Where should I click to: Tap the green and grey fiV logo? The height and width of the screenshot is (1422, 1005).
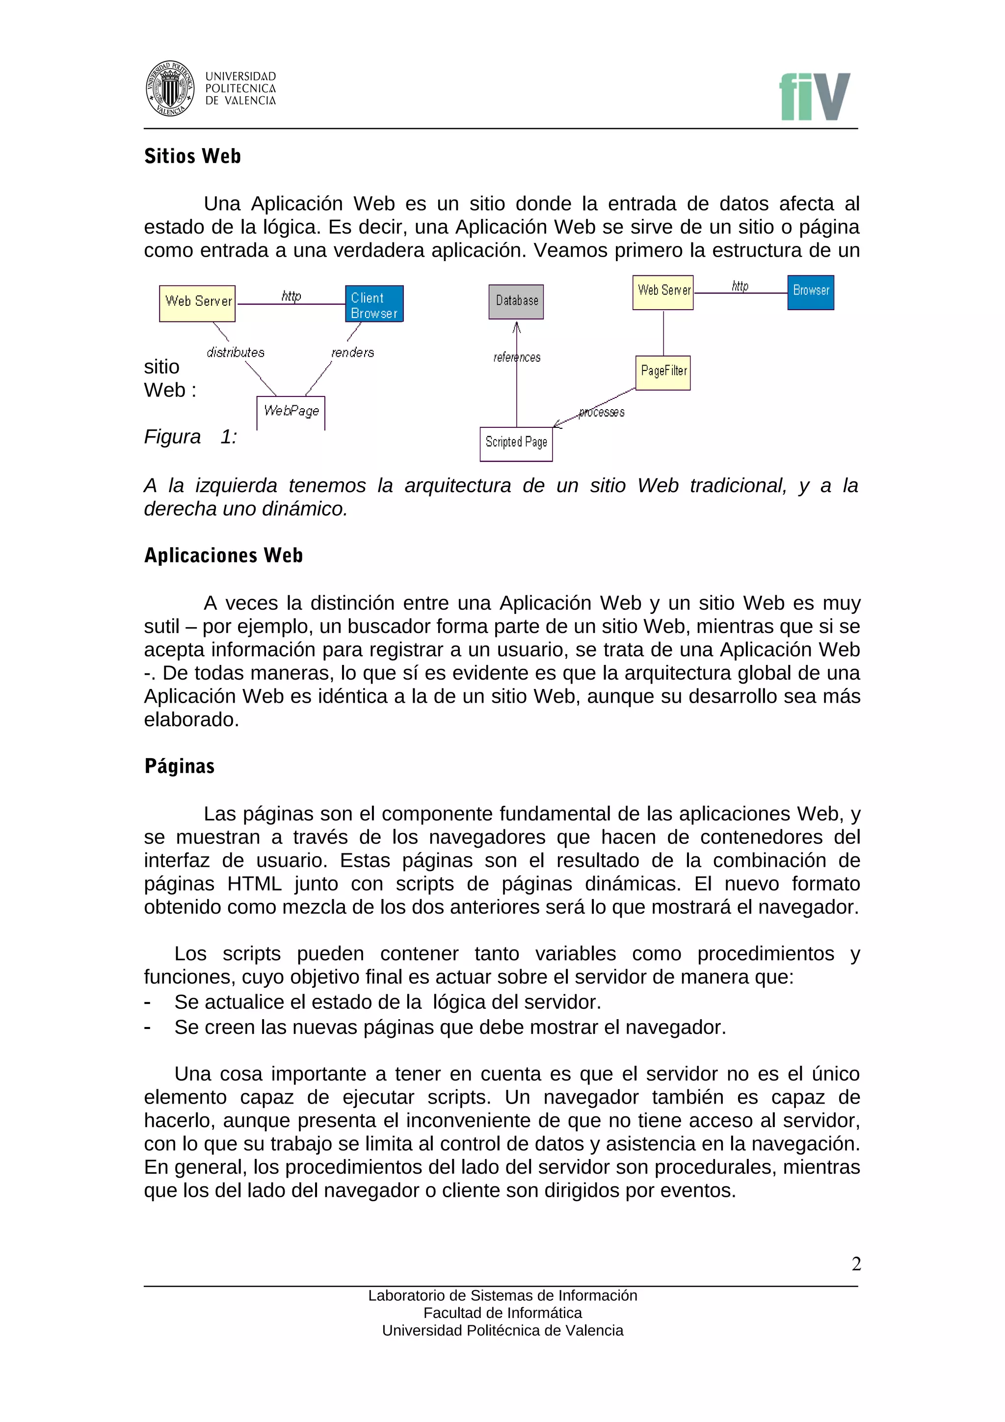(x=814, y=97)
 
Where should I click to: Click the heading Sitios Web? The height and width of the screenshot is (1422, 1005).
(x=192, y=156)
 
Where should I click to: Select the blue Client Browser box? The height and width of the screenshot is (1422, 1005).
(x=374, y=304)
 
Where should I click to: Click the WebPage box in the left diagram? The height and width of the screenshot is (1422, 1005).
(x=291, y=412)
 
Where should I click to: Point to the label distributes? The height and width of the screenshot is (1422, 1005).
(x=236, y=352)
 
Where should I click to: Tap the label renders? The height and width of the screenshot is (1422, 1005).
(x=352, y=352)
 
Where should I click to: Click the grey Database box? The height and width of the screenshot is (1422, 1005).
(x=516, y=302)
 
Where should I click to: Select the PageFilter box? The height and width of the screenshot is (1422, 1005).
(x=662, y=372)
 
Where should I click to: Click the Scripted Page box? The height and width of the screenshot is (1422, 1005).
(x=516, y=444)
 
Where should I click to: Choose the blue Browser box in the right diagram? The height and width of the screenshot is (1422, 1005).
(x=811, y=292)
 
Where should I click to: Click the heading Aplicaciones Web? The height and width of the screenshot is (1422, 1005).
(x=224, y=555)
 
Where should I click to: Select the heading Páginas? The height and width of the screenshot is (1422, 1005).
(x=180, y=766)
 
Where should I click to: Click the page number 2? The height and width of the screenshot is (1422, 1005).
(x=856, y=1264)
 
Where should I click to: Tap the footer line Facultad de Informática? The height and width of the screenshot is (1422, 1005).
(x=502, y=1313)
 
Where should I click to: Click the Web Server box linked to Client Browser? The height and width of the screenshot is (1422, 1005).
(x=198, y=303)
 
